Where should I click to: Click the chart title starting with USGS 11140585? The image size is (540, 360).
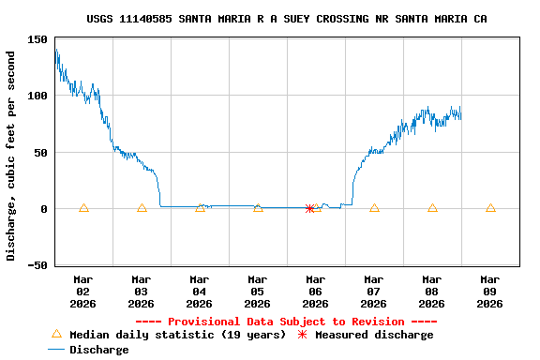coord(286,19)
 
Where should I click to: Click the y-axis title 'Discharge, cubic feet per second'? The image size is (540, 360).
coord(11,156)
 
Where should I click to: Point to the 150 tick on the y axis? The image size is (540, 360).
coord(38,40)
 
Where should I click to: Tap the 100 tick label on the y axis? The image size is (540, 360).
coord(38,96)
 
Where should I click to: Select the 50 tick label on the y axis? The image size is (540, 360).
coord(41,152)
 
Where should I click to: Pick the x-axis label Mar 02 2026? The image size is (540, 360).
coord(83,292)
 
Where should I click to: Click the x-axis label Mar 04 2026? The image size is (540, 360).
coord(200,292)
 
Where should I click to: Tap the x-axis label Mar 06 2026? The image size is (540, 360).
coord(316,292)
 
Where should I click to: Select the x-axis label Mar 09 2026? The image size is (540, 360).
coord(490,292)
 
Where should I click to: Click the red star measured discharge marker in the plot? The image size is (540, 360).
coord(309,208)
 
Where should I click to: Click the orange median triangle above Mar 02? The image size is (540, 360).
coord(83,208)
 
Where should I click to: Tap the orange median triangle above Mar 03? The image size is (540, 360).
coord(142,208)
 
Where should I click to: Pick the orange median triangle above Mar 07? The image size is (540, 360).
coord(374,208)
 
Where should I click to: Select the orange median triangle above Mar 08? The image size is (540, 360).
coord(432,208)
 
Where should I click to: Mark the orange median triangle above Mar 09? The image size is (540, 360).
coord(490,208)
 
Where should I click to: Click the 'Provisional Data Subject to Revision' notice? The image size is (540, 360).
coord(286,322)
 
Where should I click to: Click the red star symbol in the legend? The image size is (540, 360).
coord(302,335)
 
